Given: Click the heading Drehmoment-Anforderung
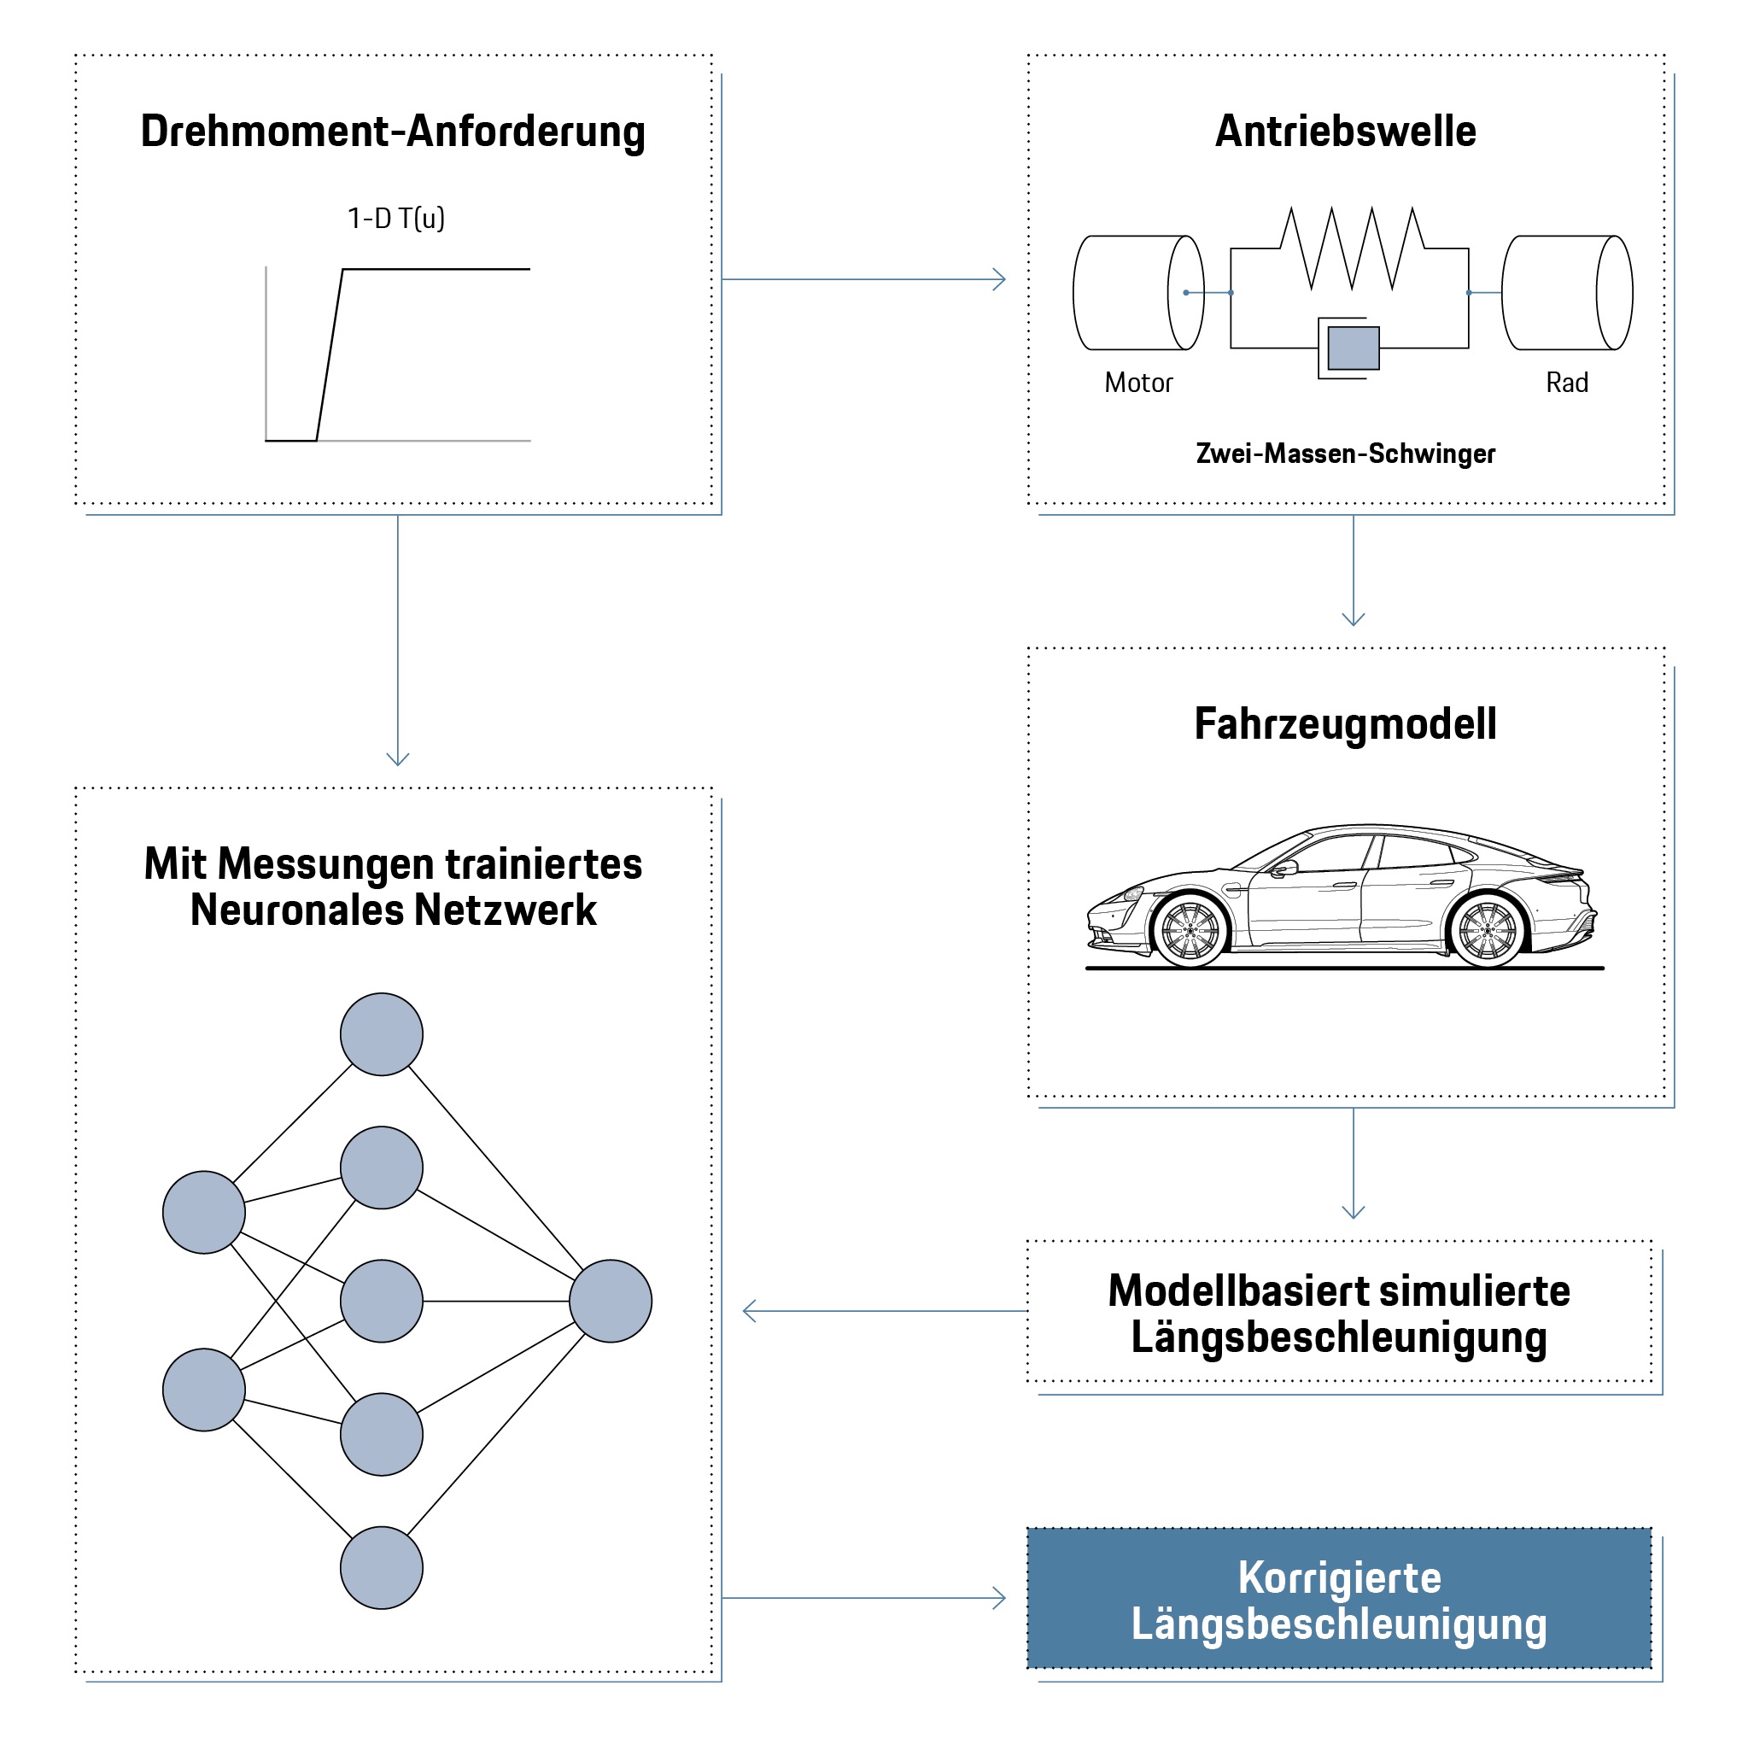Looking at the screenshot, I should click(393, 132).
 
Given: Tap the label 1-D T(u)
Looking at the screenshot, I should click(395, 219).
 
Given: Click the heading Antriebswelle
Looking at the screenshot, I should click(1345, 132).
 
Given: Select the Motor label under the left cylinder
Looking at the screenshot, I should click(1137, 383).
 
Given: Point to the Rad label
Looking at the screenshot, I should click(1566, 383).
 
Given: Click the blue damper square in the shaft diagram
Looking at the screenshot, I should click(1353, 347).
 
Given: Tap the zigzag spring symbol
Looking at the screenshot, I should click(1352, 248).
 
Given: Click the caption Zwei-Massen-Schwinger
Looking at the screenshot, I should click(1345, 454).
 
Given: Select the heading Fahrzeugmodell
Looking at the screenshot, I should click(1345, 724).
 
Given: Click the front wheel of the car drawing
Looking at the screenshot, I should click(1190, 931).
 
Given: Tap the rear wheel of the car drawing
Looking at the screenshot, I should click(1487, 931).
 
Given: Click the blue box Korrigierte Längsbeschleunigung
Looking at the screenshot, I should click(1338, 1600).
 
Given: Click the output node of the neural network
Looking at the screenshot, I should click(611, 1301).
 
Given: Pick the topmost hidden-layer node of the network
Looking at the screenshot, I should click(381, 1034).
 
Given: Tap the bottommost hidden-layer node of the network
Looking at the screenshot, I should click(381, 1568).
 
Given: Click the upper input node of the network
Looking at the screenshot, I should click(203, 1212).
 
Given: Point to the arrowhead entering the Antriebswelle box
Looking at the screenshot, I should click(1001, 280).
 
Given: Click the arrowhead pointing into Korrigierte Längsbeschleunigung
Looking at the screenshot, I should click(1001, 1598).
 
